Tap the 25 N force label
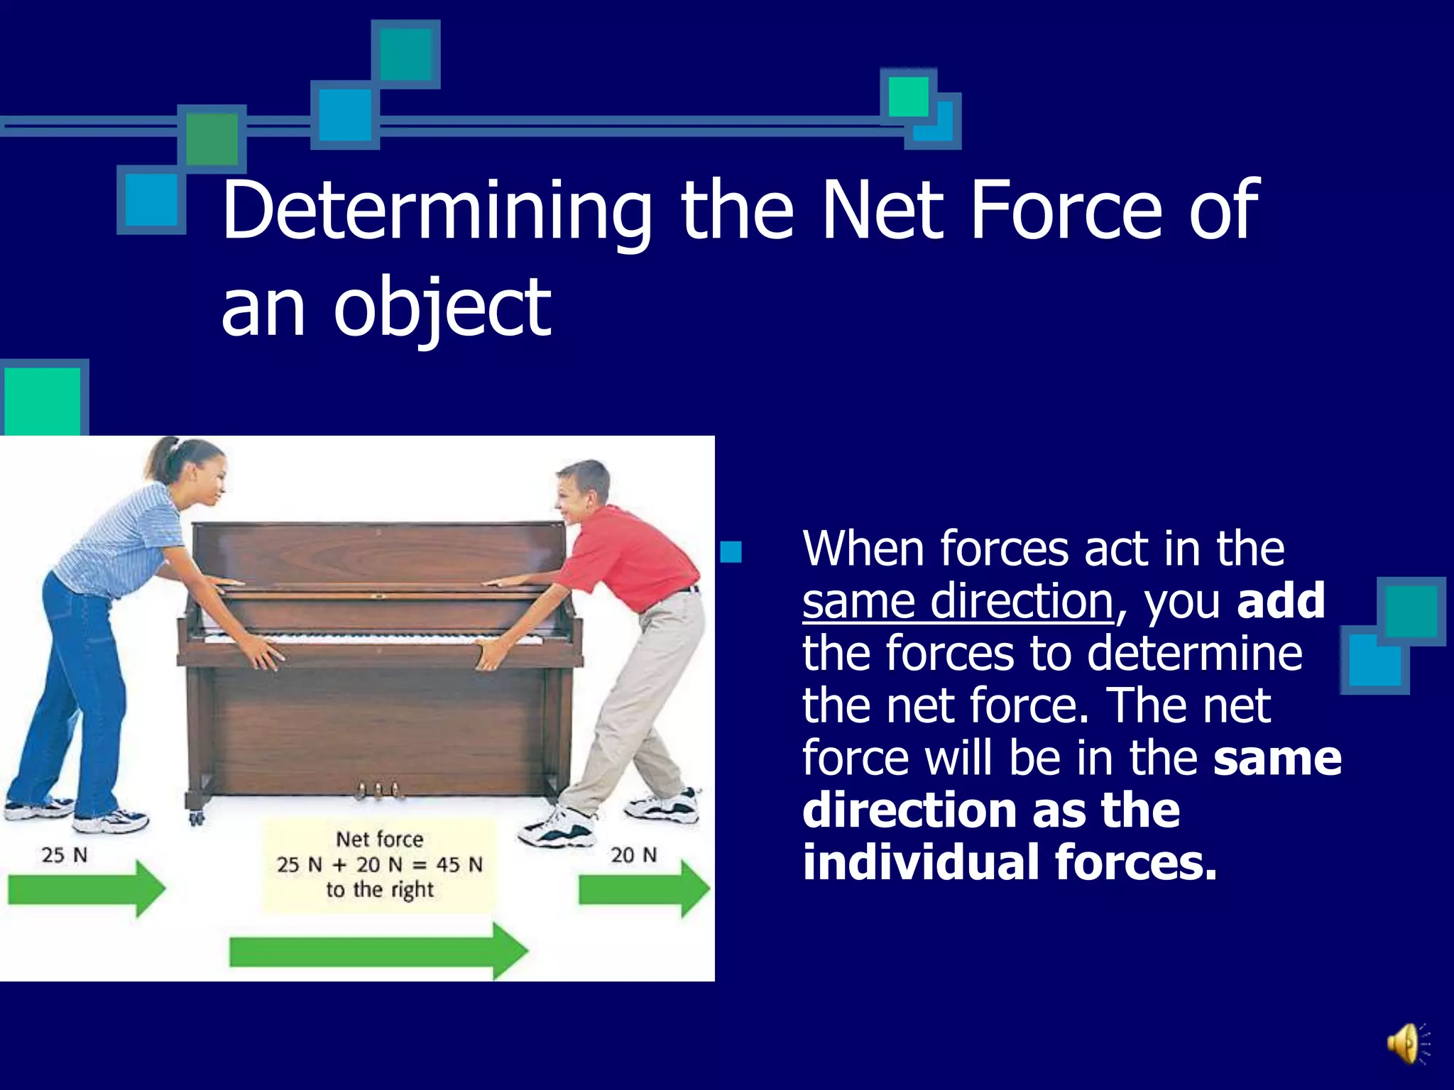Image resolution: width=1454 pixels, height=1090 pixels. (x=64, y=855)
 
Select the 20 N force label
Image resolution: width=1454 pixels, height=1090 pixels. (x=633, y=855)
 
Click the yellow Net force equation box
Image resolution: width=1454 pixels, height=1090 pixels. (x=380, y=865)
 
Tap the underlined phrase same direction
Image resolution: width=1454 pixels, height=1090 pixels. (x=957, y=602)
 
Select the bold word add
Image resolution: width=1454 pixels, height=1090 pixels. (x=1280, y=600)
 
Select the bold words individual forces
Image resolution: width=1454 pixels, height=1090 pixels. (x=1009, y=862)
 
